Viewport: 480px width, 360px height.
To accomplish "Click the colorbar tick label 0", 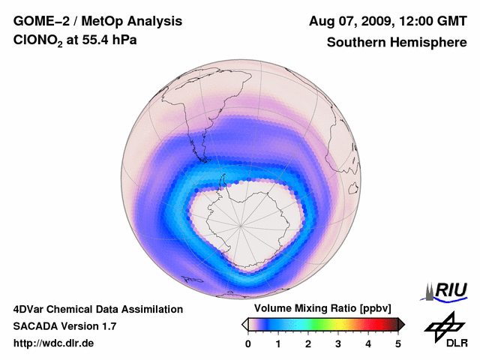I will click(x=248, y=343).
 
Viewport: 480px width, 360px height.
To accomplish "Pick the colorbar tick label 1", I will click(x=278, y=343).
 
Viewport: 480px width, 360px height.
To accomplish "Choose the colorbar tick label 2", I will click(x=308, y=343).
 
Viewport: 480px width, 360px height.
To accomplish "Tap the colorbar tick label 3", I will click(x=338, y=343).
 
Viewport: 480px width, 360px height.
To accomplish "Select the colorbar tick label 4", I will click(x=368, y=343).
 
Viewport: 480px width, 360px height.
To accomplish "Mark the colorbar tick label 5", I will click(x=398, y=343).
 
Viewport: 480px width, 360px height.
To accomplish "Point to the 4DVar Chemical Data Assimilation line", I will click(x=97, y=309).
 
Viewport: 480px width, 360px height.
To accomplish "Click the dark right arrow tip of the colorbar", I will click(x=401, y=324).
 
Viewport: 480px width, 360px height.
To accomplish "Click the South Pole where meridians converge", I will click(x=241, y=224).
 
